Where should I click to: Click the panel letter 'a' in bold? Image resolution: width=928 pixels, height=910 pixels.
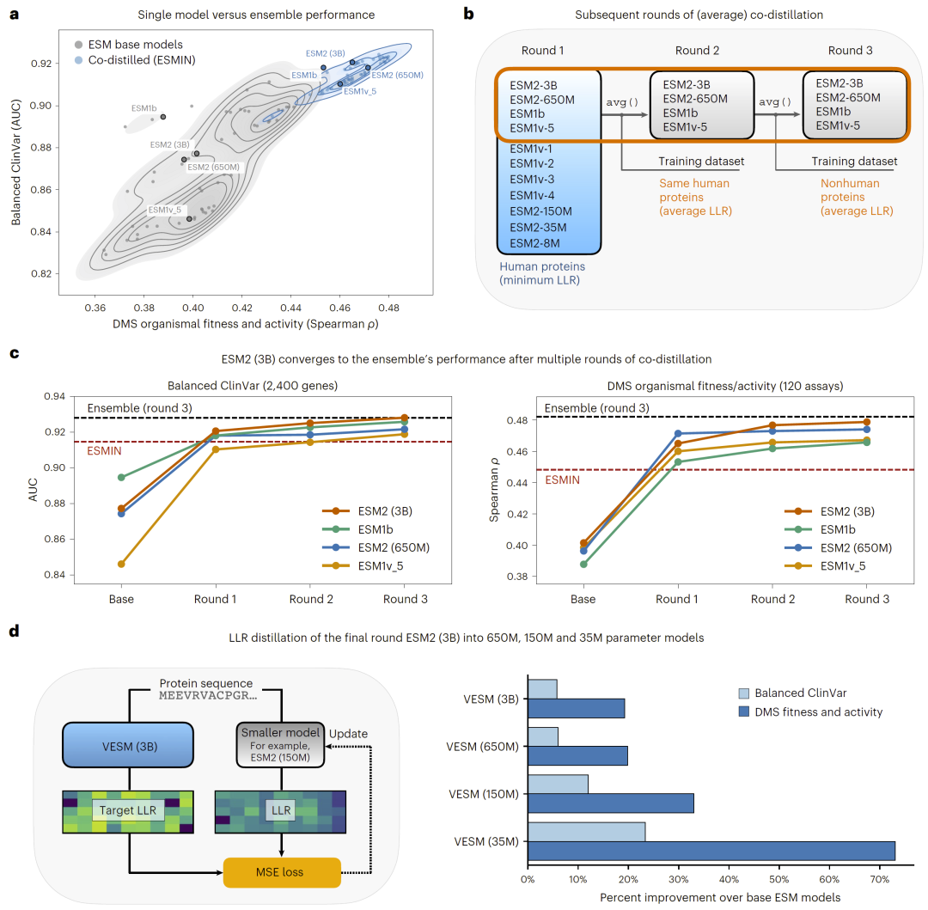coord(15,14)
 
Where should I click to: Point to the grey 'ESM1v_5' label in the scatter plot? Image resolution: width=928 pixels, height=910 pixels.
coord(165,210)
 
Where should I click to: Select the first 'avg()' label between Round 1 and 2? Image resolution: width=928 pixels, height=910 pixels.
coord(622,102)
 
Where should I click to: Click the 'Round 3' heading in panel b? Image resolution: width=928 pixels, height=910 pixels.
coord(851,51)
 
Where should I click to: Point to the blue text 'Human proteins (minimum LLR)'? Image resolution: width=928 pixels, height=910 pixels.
coord(540,274)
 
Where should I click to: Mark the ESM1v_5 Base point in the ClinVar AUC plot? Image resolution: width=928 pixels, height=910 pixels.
coord(121,564)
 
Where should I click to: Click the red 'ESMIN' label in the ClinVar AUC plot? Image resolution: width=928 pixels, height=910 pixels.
coord(103,451)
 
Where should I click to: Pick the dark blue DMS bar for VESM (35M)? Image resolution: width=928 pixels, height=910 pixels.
coord(711,851)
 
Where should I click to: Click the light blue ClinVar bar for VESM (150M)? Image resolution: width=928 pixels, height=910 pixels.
coord(558,784)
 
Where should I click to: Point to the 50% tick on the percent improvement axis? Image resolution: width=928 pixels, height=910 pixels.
coord(780,881)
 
